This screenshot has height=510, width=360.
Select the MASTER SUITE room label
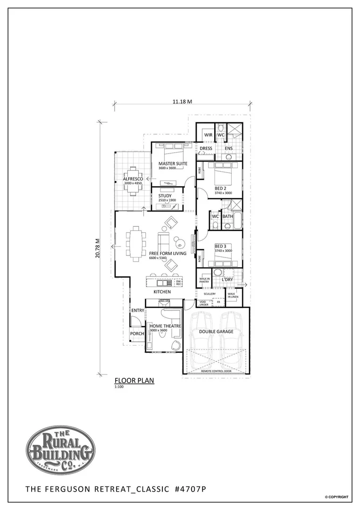[x=173, y=163]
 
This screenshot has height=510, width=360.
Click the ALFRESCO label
[x=133, y=179]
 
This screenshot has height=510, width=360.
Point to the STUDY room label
[x=165, y=195]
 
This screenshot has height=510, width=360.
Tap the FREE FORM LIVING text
[x=167, y=254]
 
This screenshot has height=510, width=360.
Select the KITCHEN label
[x=162, y=292]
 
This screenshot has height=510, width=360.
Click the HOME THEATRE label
[x=165, y=326]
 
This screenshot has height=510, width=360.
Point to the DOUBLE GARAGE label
[x=216, y=331]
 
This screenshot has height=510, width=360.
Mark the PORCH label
[x=137, y=334]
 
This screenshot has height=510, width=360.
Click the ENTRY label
[x=138, y=310]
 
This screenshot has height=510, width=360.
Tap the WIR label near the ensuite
[x=208, y=135]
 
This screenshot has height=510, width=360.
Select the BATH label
[x=228, y=217]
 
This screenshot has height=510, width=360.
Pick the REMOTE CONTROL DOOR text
[x=216, y=371]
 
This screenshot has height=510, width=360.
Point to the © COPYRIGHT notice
[x=336, y=497]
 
